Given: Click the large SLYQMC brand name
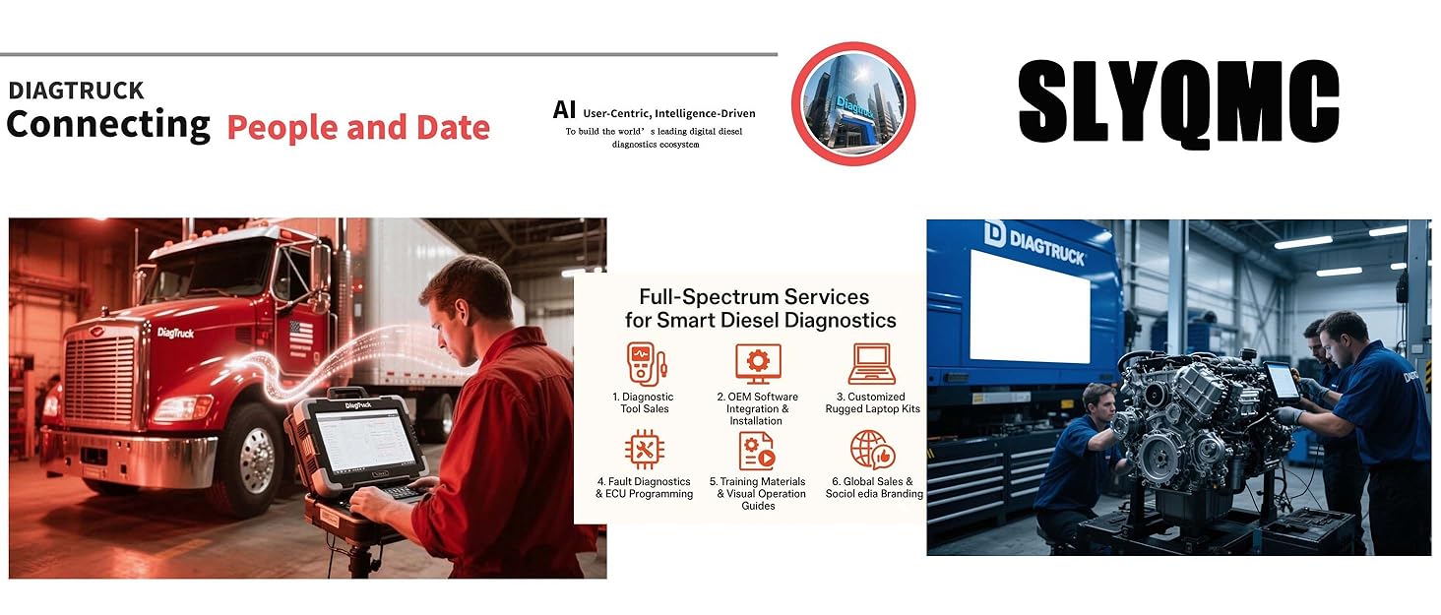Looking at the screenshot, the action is [x=1178, y=103].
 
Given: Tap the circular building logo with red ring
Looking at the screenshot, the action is [x=853, y=103].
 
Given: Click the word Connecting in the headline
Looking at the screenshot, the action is [x=108, y=125].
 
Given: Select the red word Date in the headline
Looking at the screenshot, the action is [x=453, y=127].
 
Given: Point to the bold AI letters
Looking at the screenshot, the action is [x=564, y=110].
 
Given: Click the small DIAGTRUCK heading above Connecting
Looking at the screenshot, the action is [x=76, y=91].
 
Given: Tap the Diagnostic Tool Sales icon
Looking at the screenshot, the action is [x=646, y=363].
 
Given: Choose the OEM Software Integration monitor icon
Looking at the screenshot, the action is [x=758, y=363].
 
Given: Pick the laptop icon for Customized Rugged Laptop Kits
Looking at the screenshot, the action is [x=872, y=363].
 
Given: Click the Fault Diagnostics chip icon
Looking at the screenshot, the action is [x=644, y=449].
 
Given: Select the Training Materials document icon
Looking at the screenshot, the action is [x=757, y=451].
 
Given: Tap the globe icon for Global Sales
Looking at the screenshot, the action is [x=872, y=450].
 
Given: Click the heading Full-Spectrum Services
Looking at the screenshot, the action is [x=754, y=297].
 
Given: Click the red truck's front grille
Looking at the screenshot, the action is [x=101, y=381].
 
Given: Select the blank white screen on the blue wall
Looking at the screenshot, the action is [x=1030, y=307].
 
